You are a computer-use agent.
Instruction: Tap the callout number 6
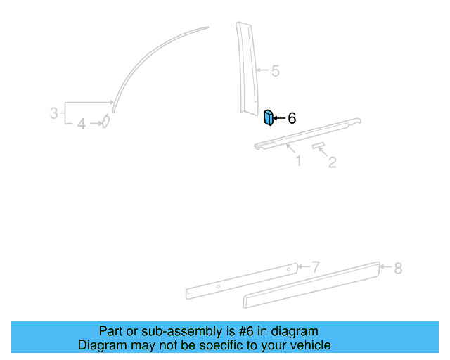[292, 118]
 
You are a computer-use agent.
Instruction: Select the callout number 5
[275, 70]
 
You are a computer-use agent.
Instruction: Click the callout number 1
[298, 161]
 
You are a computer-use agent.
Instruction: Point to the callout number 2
[333, 162]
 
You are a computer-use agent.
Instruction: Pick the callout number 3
[53, 112]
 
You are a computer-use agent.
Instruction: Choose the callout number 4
[82, 124]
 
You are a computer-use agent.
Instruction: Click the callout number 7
[316, 267]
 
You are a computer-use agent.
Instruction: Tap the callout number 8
[398, 268]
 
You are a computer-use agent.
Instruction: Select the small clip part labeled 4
[105, 123]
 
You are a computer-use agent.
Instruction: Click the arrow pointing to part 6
[279, 118]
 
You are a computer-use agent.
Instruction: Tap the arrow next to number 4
[95, 124]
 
